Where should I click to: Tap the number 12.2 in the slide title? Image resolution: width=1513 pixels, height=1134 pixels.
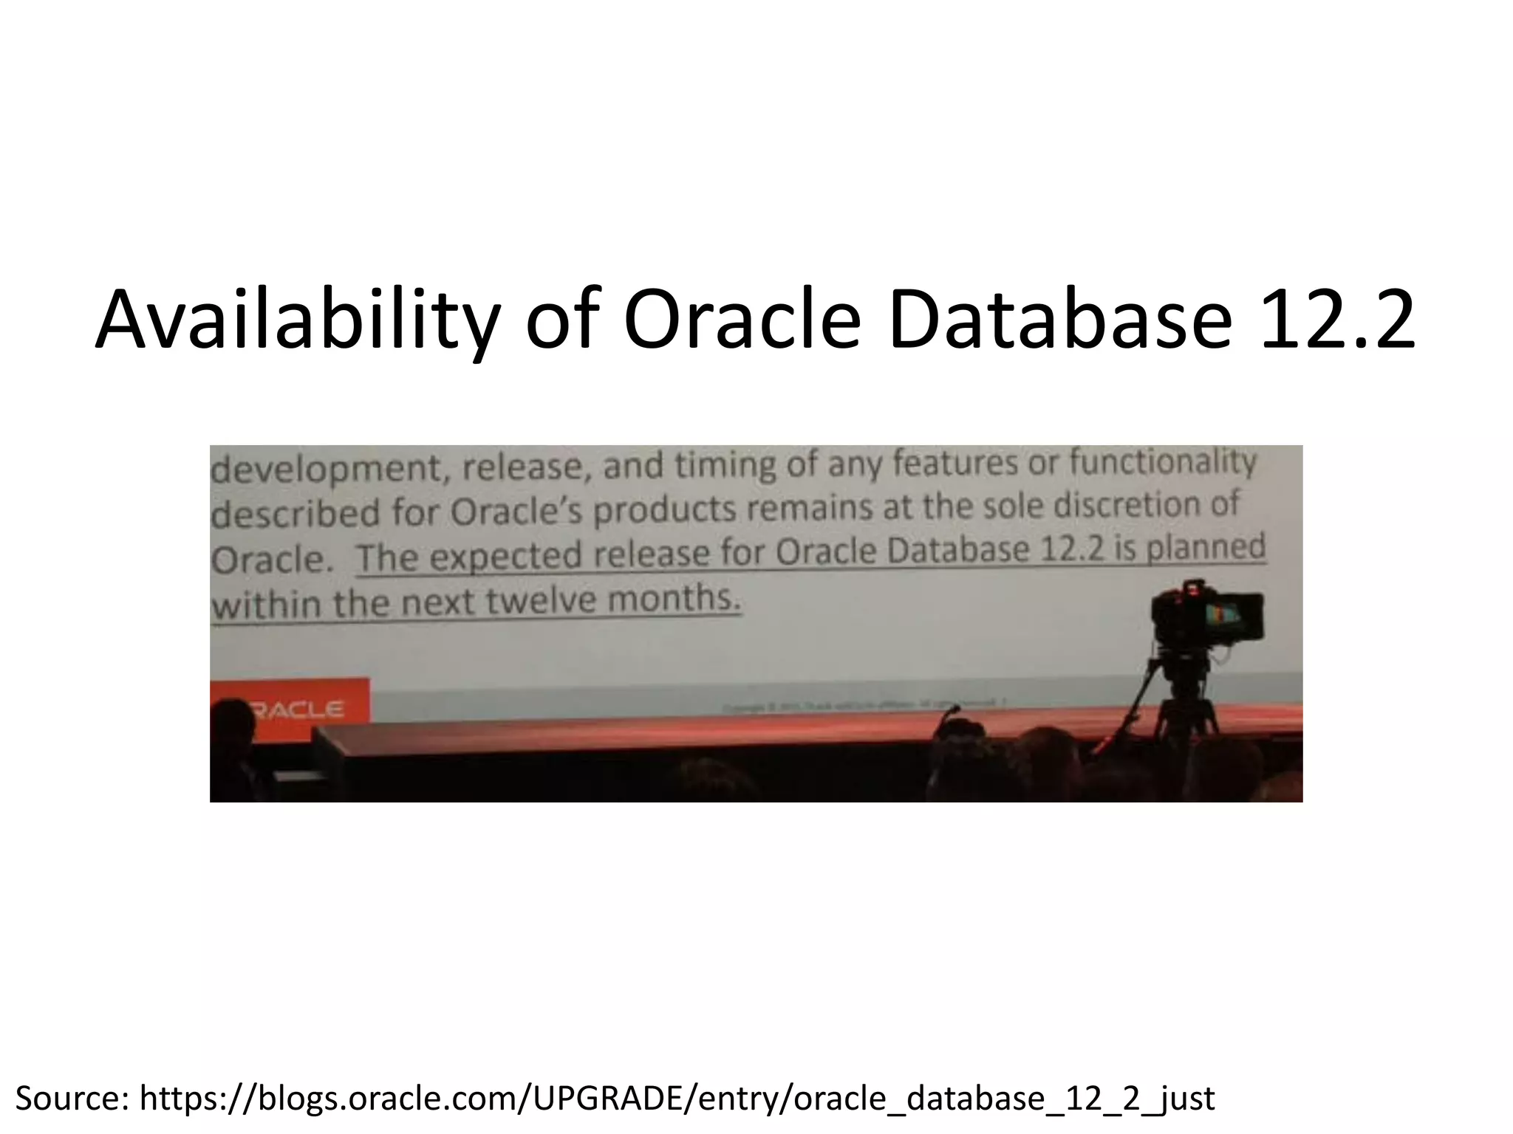[x=1336, y=321]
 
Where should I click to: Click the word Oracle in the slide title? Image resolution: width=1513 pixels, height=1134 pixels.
[x=742, y=321]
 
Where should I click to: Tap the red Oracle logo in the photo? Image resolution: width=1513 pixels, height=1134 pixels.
[x=296, y=709]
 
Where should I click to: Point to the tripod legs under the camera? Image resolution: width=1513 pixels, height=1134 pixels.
[x=1182, y=701]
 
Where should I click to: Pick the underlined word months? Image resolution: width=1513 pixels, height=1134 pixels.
[x=673, y=598]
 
